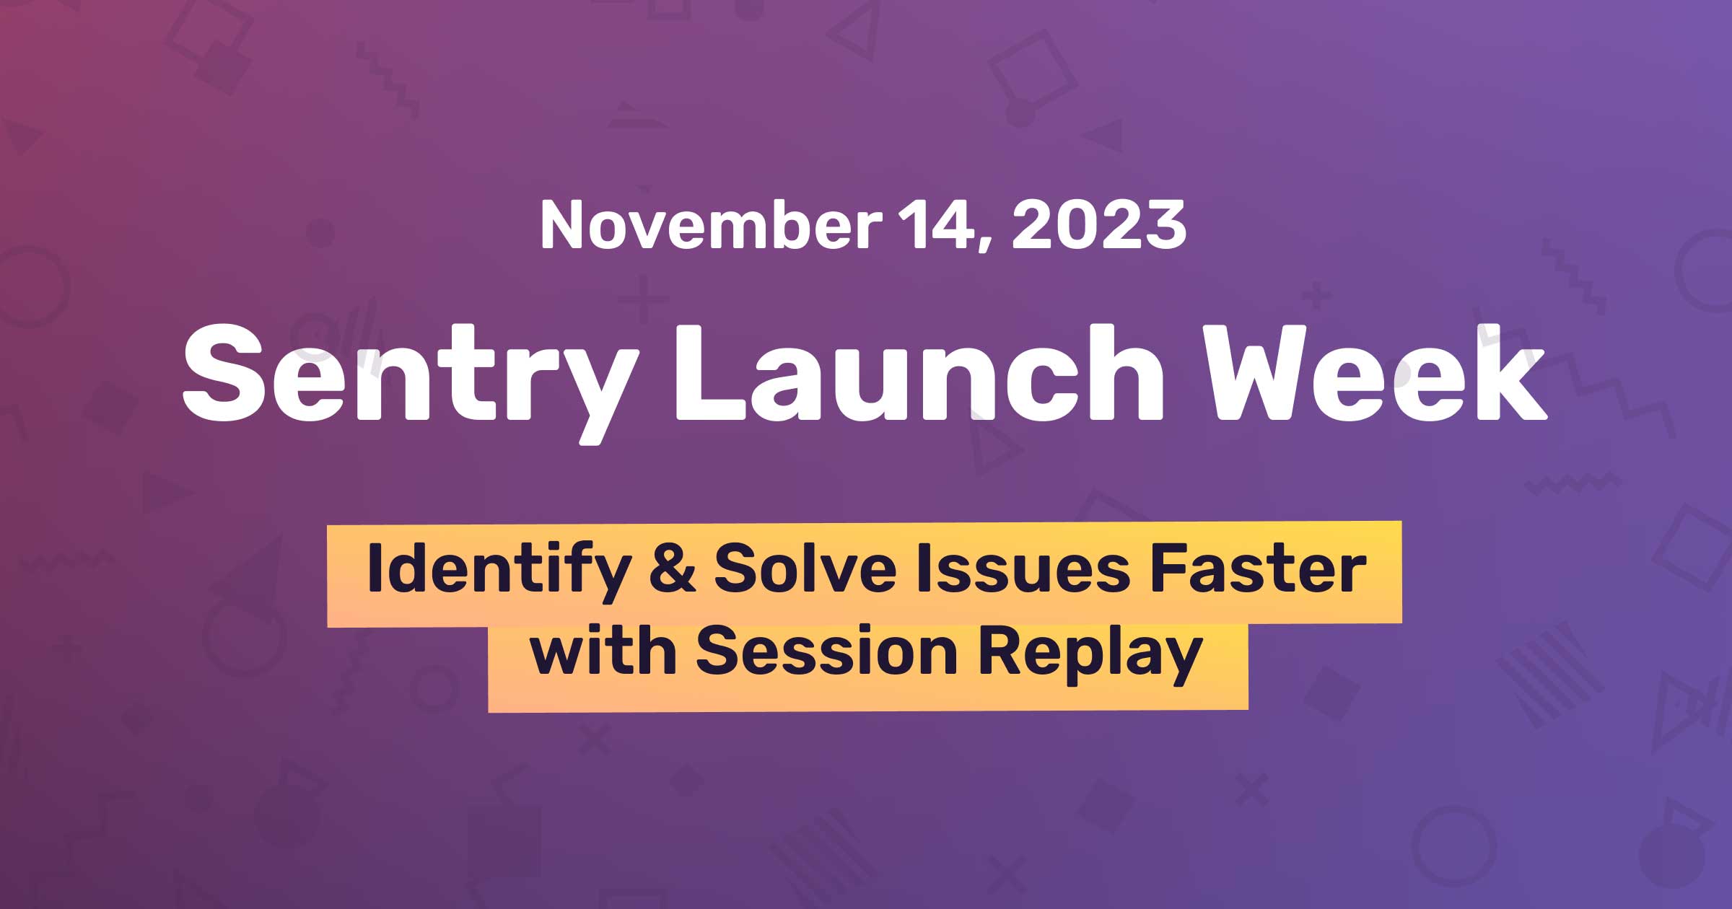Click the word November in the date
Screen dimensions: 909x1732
(710, 226)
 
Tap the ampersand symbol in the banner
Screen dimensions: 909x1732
(672, 570)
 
